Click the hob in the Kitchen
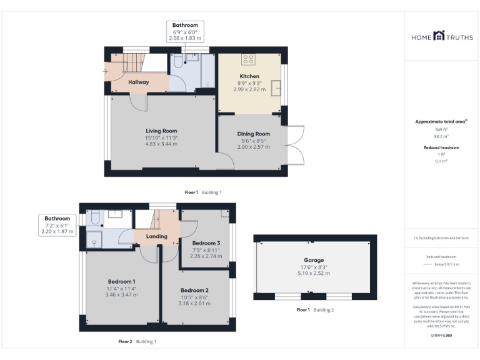[248, 60]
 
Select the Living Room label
[162, 131]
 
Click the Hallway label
[138, 82]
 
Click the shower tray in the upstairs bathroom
[94, 238]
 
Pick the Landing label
[156, 236]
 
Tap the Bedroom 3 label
[206, 242]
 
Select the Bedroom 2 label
[194, 290]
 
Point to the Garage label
[314, 260]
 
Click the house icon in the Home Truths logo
[438, 37]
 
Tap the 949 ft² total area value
[442, 129]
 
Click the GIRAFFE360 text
[441, 336]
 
